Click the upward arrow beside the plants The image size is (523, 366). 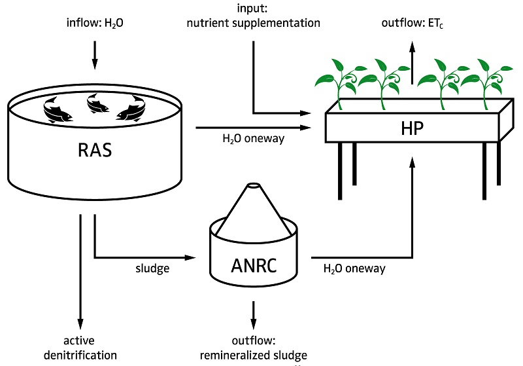pyautogui.click(x=412, y=62)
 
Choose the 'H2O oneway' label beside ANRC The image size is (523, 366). pyautogui.click(x=354, y=268)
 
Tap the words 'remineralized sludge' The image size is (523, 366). pyautogui.click(x=252, y=354)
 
